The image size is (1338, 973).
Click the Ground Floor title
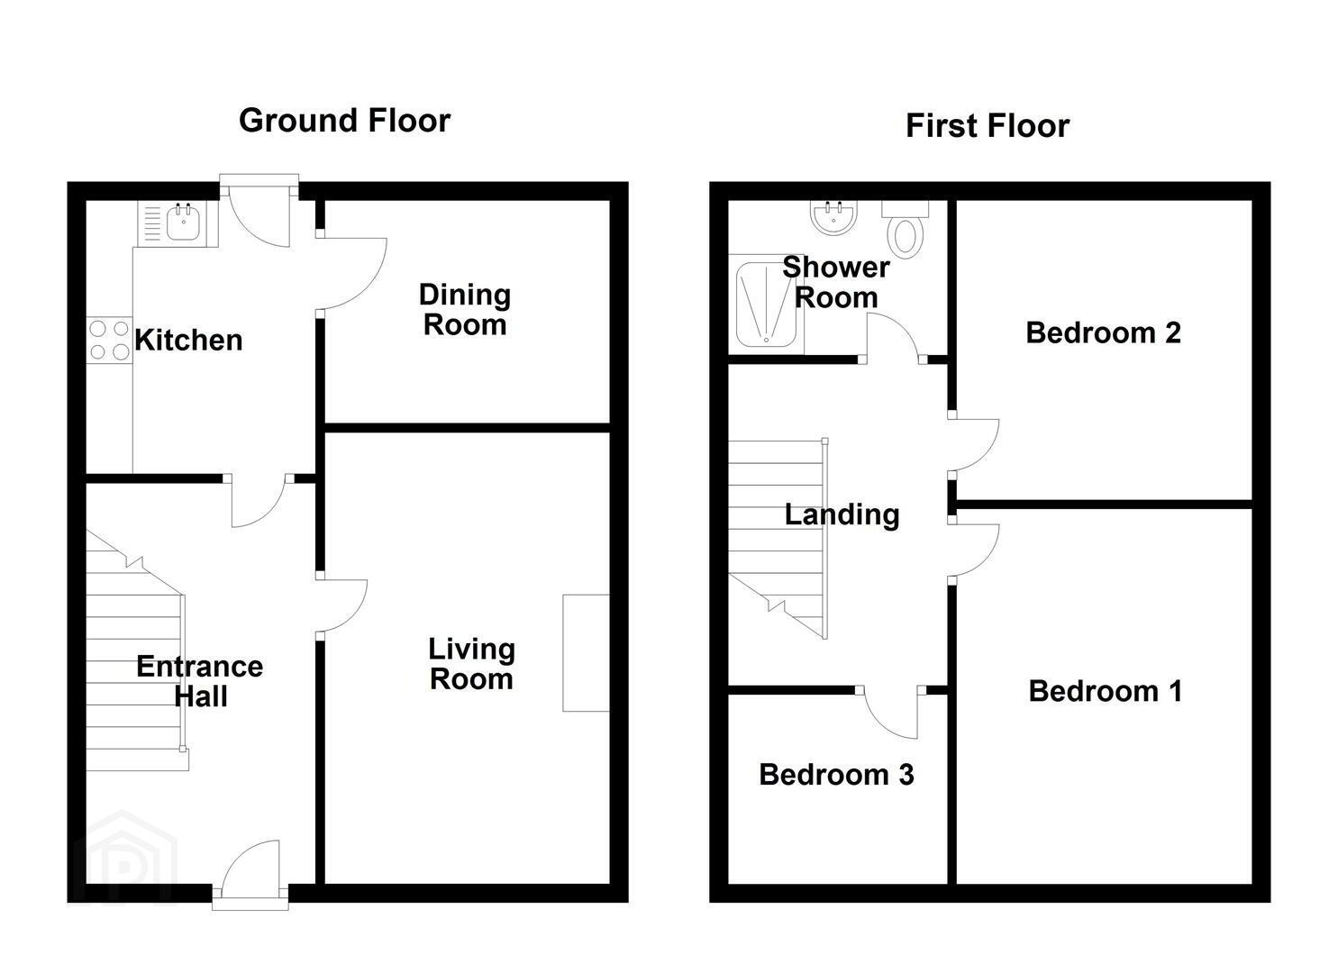coord(345,122)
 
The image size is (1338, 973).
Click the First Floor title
coord(988,126)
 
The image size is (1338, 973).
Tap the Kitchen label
coord(188,340)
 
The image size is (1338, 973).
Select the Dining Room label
coord(465,310)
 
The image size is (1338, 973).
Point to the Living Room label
coord(471,664)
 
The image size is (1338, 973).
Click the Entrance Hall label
coord(200,681)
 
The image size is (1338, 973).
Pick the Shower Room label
coord(835,283)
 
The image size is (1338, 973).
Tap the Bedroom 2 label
coord(1103,332)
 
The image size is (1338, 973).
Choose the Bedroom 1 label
coord(1105,691)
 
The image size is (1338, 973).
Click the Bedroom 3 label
coord(836,775)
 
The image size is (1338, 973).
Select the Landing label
coord(842,514)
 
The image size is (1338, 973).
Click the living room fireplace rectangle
coord(586,653)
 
